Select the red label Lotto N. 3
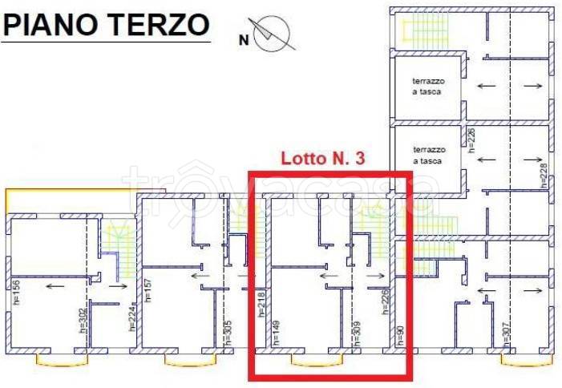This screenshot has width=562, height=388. (x=322, y=159)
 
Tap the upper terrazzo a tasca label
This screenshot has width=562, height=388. (x=428, y=86)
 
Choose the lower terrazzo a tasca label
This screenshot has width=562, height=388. (x=428, y=155)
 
